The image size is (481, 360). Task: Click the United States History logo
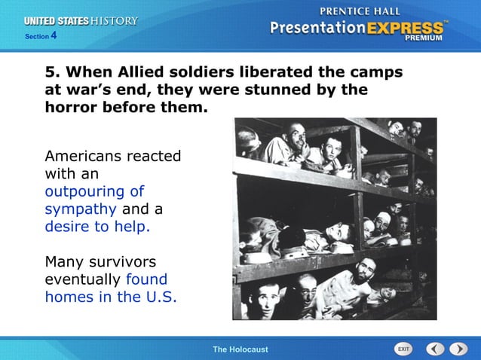[82, 21]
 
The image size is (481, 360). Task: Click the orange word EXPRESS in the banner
[406, 29]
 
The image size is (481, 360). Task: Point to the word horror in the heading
[72, 107]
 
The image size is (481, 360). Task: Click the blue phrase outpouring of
[94, 191]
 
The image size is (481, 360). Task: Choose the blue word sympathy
[80, 209]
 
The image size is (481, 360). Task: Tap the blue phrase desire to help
[97, 226]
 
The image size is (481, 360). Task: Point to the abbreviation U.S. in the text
[160, 296]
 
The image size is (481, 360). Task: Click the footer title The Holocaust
[240, 349]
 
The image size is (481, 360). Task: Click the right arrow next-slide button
[458, 349]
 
